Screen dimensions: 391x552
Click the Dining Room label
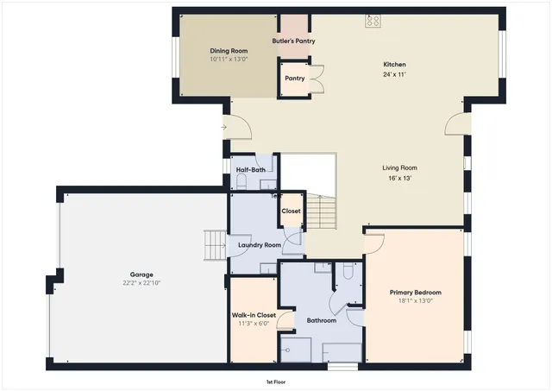(229, 51)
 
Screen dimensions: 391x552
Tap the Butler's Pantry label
(293, 41)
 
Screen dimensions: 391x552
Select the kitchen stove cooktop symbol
(373, 20)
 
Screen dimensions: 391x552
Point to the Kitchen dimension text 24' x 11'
(394, 75)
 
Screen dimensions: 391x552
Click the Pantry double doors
(317, 79)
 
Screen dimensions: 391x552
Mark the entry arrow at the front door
(224, 128)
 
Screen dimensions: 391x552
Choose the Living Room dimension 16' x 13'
(399, 178)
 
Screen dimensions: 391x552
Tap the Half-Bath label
(250, 170)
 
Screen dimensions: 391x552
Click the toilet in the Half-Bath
(267, 182)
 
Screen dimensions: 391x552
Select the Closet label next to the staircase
(292, 211)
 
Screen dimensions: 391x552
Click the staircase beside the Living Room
(321, 211)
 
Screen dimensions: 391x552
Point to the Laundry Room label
(260, 245)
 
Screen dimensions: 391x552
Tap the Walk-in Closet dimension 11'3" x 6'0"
(254, 325)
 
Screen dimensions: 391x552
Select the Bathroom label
(321, 320)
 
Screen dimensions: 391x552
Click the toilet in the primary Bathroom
(348, 273)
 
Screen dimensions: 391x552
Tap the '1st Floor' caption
(276, 381)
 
